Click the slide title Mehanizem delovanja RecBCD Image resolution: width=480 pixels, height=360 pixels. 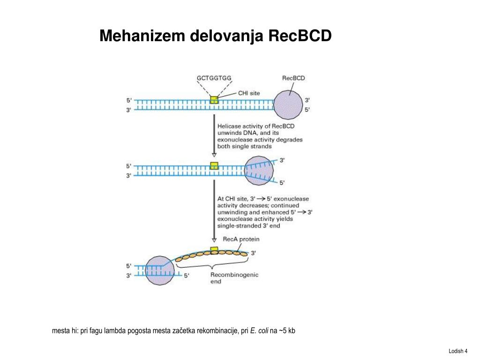point(215,36)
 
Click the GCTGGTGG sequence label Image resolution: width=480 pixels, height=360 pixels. point(214,78)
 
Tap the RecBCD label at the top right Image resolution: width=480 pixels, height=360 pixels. point(293,78)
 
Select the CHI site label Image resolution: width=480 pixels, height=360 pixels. point(249,93)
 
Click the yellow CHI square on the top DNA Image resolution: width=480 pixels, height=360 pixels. point(214,100)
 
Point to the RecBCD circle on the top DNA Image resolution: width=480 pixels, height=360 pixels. point(288,105)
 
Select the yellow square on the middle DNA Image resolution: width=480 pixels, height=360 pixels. point(214,165)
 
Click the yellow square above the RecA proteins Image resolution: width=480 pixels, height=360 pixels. point(214,249)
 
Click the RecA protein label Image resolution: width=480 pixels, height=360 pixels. point(241,239)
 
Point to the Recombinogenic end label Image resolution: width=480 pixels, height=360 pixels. point(234,278)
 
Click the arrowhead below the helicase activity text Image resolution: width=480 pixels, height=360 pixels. point(214,154)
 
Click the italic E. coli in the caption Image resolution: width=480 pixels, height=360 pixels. point(259,331)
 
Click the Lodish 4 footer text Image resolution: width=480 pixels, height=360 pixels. point(458,351)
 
